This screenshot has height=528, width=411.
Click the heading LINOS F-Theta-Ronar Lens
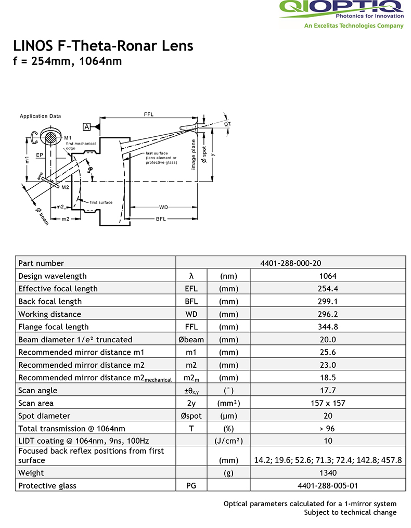[x=103, y=46]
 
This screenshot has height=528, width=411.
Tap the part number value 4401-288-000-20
[x=291, y=263]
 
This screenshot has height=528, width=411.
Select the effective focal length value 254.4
[x=328, y=289]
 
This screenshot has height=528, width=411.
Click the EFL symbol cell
[x=191, y=289]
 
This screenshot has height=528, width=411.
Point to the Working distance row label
[x=49, y=314]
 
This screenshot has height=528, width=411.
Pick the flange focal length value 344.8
[x=328, y=327]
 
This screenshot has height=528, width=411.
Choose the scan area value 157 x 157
[x=328, y=403]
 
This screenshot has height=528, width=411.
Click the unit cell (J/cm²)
[x=228, y=441]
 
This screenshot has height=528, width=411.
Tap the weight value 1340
[x=328, y=473]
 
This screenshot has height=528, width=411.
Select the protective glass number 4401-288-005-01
[x=328, y=486]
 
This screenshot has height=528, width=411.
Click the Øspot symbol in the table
[x=191, y=416]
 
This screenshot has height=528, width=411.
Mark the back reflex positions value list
[x=328, y=460]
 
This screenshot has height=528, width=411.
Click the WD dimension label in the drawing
[x=163, y=208]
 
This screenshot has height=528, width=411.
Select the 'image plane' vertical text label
[x=194, y=154]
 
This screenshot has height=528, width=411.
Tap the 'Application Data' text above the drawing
[x=41, y=116]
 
